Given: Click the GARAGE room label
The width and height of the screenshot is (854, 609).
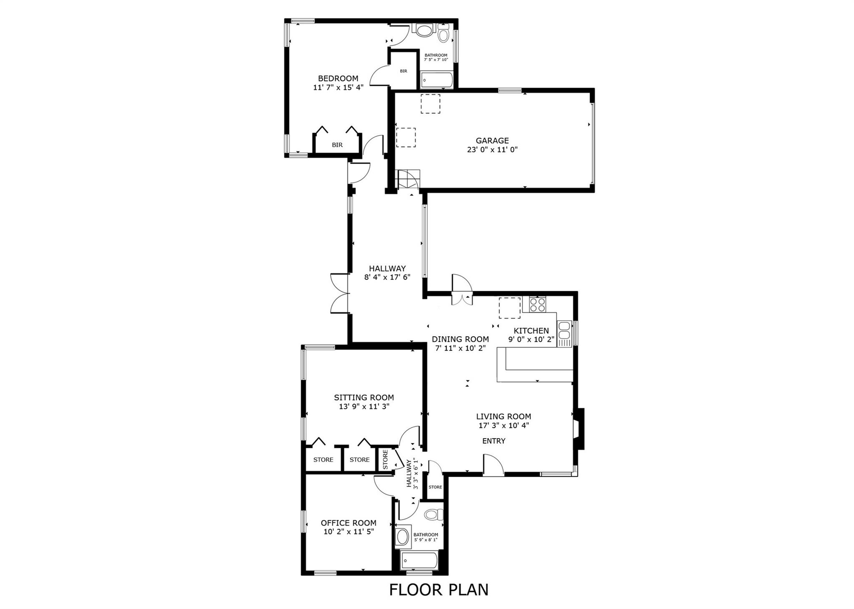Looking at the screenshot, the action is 492,141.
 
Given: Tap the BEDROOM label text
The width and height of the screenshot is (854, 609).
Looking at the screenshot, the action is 338,78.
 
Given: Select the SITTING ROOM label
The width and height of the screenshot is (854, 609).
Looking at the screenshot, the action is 364,398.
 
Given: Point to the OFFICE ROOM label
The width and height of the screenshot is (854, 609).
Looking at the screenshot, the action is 349,523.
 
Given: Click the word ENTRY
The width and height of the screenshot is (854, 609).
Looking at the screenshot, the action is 494,441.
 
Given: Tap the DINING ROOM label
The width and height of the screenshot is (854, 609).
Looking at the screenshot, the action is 460,339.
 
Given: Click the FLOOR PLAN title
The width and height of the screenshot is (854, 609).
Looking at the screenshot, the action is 439,589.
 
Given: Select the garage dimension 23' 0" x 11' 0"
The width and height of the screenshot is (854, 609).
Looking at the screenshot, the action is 492,150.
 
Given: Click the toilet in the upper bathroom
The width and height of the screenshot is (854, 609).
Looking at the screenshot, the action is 444,33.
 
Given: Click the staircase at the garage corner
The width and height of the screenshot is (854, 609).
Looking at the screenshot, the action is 408,180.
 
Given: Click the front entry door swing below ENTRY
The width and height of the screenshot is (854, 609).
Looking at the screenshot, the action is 493,465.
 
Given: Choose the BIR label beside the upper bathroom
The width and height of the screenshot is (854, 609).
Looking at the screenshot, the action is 404,71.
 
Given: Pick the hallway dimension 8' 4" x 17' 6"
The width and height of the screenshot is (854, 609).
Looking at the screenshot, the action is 387,277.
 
